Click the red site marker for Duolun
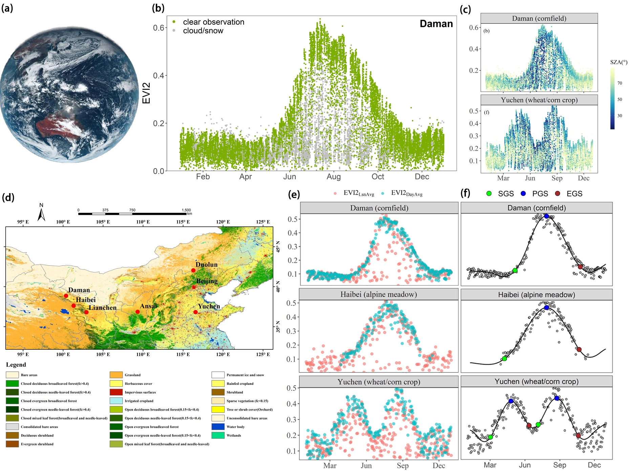pyautogui.click(x=193, y=270)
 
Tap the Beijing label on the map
pyautogui.click(x=207, y=281)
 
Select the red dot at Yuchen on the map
pyautogui.click(x=195, y=312)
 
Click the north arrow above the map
pyautogui.click(x=41, y=215)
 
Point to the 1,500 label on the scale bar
pyautogui.click(x=186, y=210)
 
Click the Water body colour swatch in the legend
pyautogui.click(x=218, y=427)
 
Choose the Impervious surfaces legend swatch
pyautogui.click(x=116, y=392)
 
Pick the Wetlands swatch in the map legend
pyautogui.click(x=218, y=435)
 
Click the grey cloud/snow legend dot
pyautogui.click(x=174, y=30)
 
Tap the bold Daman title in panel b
pyautogui.click(x=436, y=24)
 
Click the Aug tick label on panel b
pyautogui.click(x=334, y=177)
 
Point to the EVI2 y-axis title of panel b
pyautogui.click(x=146, y=93)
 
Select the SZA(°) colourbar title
pyautogui.click(x=618, y=62)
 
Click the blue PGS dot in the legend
pyautogui.click(x=523, y=193)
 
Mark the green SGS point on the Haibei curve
pyautogui.click(x=504, y=359)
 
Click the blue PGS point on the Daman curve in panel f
pyautogui.click(x=546, y=216)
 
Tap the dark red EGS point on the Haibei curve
pyautogui.click(x=579, y=349)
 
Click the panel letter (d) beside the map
pyautogui.click(x=8, y=197)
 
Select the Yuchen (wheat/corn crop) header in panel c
pyautogui.click(x=539, y=100)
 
